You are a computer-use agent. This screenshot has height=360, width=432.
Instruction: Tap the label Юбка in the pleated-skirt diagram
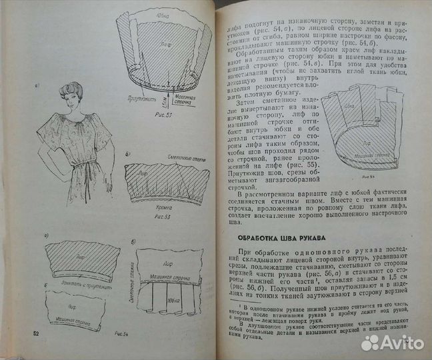point(183,311)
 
